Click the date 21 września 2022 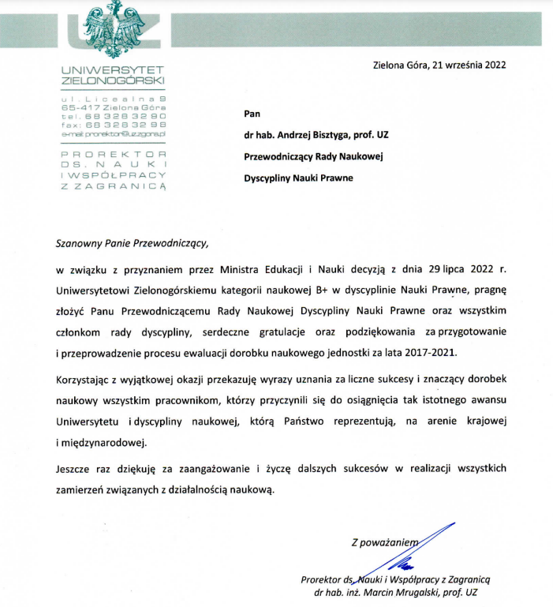click(467, 66)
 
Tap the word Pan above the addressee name click(253, 112)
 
